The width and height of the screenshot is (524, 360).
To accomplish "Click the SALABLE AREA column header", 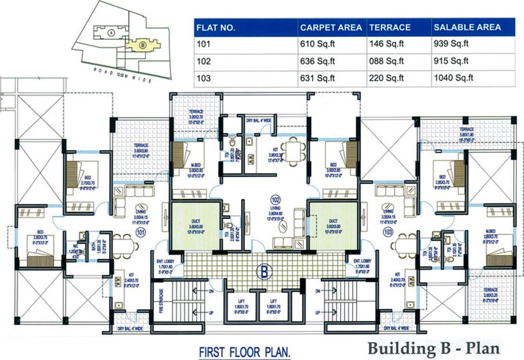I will tap(467, 27).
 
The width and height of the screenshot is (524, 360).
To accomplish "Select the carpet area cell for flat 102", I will tap(317, 61).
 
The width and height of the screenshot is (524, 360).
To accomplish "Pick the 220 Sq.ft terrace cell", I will tap(387, 78).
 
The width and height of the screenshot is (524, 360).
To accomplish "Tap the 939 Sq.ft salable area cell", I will tap(451, 45).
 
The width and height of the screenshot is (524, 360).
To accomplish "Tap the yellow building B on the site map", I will tap(142, 45).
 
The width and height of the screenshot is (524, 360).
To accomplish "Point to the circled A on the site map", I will tap(111, 32).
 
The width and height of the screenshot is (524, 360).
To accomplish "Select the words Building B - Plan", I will tap(433, 348).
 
